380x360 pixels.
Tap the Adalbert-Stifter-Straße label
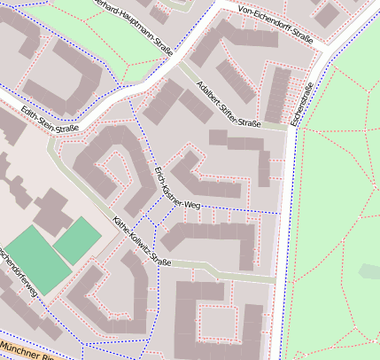228,104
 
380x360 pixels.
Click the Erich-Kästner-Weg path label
178,187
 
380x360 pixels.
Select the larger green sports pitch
35,258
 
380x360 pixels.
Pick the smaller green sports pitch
78,239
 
